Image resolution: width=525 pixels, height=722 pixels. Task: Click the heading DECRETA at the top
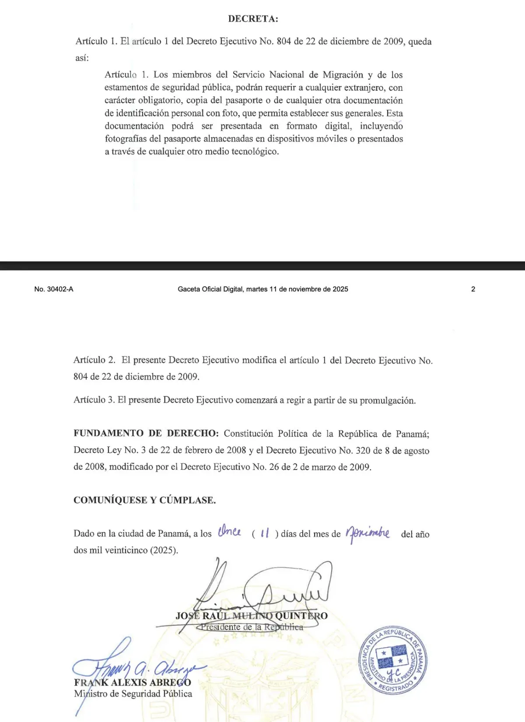[253, 19]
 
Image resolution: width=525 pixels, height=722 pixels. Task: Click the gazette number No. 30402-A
[54, 289]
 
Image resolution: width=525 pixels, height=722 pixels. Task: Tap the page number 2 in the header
[473, 289]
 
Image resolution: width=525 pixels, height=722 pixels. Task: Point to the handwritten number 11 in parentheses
[265, 533]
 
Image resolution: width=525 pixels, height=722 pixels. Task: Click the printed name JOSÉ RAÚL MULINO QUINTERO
[252, 616]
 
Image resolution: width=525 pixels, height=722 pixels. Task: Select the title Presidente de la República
[252, 627]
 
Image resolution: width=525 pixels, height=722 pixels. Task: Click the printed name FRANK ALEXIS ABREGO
[133, 683]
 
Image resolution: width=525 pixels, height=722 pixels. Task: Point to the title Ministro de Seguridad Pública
[133, 694]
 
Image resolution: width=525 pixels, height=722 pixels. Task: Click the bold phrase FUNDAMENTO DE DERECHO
[146, 434]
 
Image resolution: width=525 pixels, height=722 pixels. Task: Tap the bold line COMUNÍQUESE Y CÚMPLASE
[145, 500]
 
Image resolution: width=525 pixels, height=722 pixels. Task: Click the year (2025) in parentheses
[164, 550]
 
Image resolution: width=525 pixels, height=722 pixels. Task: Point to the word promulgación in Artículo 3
[387, 400]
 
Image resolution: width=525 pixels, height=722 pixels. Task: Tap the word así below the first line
[82, 58]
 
